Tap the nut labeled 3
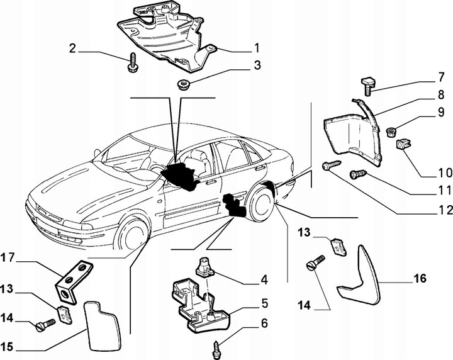pos(184,86)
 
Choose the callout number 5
pos(265,303)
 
